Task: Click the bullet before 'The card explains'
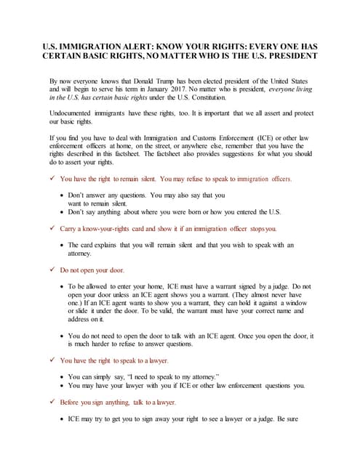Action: click(x=61, y=246)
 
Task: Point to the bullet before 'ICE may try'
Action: click(x=61, y=419)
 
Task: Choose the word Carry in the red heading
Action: click(x=69, y=229)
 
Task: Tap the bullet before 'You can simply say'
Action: click(x=61, y=377)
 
